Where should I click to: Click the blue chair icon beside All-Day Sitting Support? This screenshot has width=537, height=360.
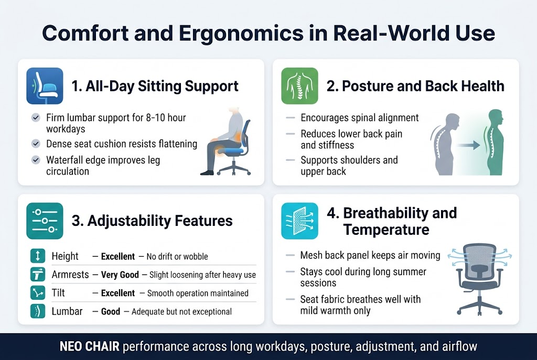click(45, 85)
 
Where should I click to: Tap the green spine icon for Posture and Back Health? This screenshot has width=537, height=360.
click(299, 85)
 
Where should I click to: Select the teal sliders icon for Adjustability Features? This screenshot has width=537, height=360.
click(45, 221)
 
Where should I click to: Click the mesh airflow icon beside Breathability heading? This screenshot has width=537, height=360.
click(299, 221)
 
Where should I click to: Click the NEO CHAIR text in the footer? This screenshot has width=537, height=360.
click(88, 346)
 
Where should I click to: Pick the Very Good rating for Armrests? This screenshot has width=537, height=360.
click(120, 275)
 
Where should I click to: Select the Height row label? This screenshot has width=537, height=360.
click(65, 256)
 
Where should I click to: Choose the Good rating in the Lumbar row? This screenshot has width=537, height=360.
click(111, 311)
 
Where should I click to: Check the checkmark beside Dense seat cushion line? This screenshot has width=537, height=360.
click(36, 144)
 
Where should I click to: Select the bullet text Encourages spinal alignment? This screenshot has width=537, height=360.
click(359, 118)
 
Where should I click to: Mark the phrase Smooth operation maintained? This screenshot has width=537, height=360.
click(198, 293)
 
